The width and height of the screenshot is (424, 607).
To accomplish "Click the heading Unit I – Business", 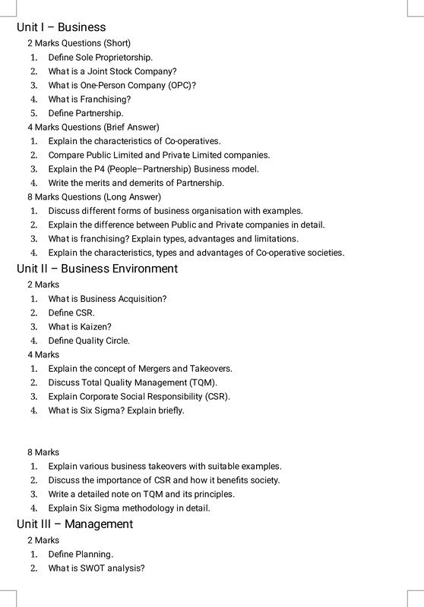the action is (x=61, y=27).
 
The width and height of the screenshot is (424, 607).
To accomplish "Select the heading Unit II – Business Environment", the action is (x=97, y=269).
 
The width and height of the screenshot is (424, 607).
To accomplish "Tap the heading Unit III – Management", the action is (x=74, y=524).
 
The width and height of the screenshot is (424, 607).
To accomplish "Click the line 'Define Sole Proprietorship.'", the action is (x=100, y=57).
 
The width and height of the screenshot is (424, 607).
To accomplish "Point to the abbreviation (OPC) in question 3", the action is (x=182, y=85).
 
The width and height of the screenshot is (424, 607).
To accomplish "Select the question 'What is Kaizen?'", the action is (x=80, y=327).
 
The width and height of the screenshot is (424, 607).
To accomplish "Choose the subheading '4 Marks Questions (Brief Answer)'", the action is (x=93, y=127).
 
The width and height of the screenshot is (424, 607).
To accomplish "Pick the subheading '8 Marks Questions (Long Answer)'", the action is (x=94, y=197).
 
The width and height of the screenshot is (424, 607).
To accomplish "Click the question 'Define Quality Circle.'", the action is (x=89, y=341).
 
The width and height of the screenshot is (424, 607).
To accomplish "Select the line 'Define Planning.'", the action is (x=81, y=554).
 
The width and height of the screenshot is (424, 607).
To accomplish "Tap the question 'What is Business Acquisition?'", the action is (x=107, y=299).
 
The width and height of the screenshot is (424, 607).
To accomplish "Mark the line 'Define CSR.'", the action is (x=71, y=313).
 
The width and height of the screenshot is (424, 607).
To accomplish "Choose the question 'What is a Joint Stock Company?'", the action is (x=112, y=71).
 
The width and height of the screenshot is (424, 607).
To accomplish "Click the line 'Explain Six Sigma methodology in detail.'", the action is (x=129, y=508).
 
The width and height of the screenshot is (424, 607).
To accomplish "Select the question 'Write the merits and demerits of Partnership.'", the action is (x=136, y=183).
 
